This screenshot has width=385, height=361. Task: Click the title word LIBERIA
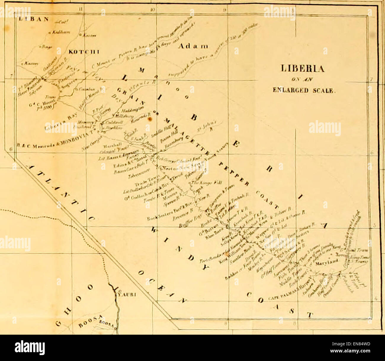[x=302, y=69]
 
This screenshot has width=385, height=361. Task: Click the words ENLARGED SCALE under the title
[x=304, y=90]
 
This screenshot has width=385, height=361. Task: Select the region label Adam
[x=193, y=46]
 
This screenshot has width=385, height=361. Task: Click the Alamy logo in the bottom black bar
[x=30, y=348]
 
